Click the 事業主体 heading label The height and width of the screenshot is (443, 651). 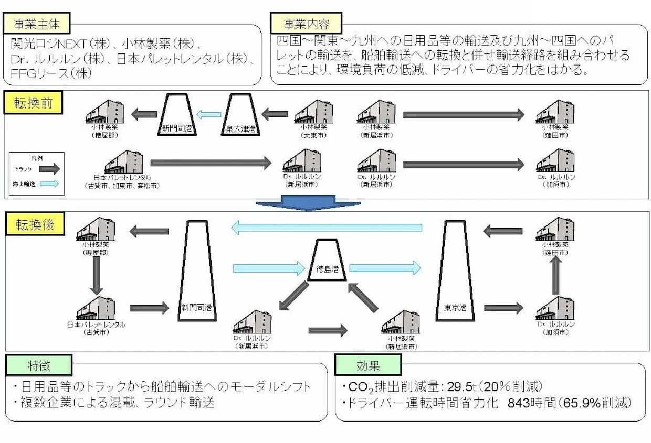pyautogui.click(x=36, y=23)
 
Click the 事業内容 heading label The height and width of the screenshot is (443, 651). pyautogui.click(x=306, y=23)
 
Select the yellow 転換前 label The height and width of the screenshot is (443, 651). pyautogui.click(x=34, y=103)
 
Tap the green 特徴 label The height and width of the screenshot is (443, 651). pyautogui.click(x=39, y=365)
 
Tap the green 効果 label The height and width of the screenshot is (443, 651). pyautogui.click(x=367, y=365)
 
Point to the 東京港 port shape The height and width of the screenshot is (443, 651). pyautogui.click(x=455, y=273)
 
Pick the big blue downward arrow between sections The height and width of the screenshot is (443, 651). pyautogui.click(x=308, y=203)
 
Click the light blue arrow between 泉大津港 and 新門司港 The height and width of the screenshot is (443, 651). pyautogui.click(x=208, y=114)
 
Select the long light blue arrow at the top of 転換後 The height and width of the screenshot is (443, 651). pyautogui.click(x=327, y=228)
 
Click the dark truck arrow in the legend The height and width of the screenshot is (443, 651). pyautogui.click(x=49, y=169)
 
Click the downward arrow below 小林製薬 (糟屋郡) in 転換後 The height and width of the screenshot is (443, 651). pyautogui.click(x=96, y=276)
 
